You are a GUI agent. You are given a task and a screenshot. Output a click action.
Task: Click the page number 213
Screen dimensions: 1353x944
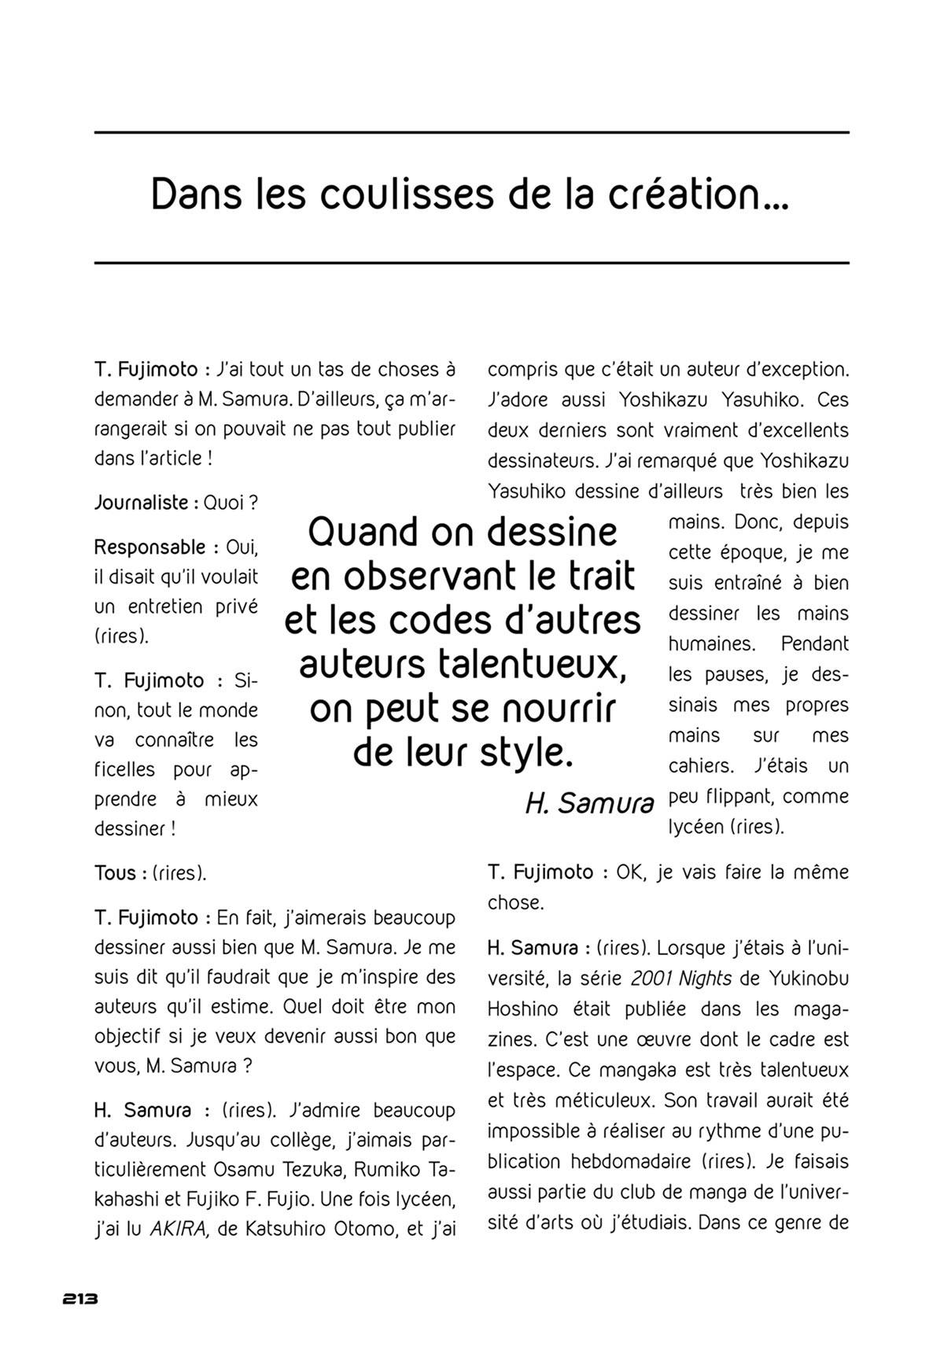click(x=79, y=1300)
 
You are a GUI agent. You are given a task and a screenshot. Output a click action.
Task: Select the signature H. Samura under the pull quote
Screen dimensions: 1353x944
click(x=589, y=802)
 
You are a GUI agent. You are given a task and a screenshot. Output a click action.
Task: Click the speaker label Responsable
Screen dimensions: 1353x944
click(x=150, y=547)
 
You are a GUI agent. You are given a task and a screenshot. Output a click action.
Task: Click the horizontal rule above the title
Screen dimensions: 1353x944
click(x=472, y=132)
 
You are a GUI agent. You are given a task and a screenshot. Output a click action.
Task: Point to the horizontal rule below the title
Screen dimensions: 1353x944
click(x=472, y=262)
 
